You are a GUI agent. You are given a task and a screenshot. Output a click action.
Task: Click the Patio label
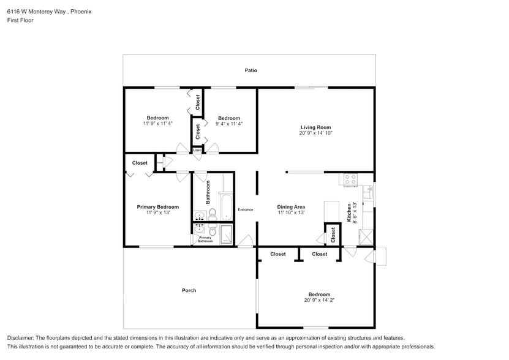click(251, 70)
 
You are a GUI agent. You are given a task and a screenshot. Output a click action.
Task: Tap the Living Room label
click(315, 127)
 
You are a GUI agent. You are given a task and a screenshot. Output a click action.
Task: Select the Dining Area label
click(291, 207)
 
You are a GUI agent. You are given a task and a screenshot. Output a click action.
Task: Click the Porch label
click(189, 290)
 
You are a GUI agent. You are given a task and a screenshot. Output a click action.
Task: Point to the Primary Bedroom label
click(158, 207)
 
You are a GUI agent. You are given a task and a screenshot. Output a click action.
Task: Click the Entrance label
click(245, 210)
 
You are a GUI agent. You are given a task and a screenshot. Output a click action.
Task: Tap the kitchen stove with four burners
click(350, 180)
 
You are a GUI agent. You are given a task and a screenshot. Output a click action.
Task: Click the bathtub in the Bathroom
click(226, 208)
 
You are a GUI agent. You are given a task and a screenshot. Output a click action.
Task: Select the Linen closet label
click(197, 149)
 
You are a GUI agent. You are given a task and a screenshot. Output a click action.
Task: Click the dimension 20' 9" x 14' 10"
click(315, 133)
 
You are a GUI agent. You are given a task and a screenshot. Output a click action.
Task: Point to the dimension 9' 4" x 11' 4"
click(229, 124)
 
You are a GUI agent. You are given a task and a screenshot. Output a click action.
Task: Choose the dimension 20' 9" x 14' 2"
click(319, 300)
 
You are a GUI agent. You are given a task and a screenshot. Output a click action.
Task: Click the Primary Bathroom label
click(205, 239)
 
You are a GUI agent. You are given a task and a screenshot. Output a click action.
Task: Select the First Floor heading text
click(20, 20)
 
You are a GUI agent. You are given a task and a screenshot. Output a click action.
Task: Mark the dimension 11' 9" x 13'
click(158, 212)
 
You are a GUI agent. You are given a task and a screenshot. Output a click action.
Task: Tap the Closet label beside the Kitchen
click(333, 234)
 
